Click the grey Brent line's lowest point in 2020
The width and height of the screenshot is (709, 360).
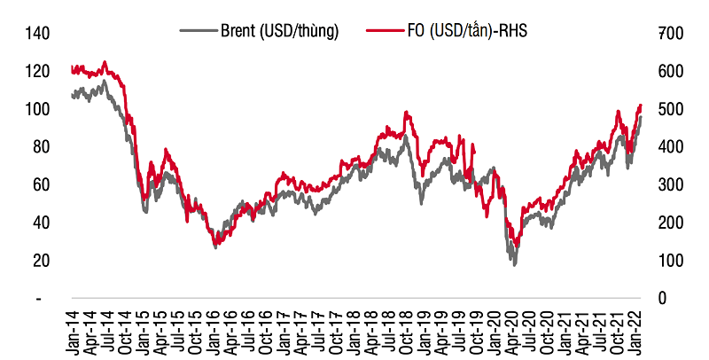pyautogui.click(x=513, y=264)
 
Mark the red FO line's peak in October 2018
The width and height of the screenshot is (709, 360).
pyautogui.click(x=407, y=112)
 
